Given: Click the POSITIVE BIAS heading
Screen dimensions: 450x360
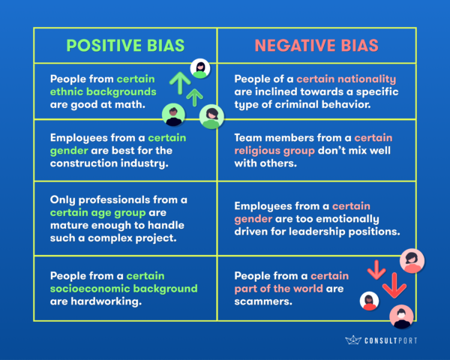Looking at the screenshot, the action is [125, 45].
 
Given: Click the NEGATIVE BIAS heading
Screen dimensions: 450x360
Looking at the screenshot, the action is [316, 45].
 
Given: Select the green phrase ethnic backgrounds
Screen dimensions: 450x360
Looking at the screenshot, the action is [103, 91].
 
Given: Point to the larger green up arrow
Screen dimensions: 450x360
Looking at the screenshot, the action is [180, 83].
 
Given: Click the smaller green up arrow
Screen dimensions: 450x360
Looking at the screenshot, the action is [194, 97].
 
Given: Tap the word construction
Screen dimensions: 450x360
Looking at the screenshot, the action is [83, 163].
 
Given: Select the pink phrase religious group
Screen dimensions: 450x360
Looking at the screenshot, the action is [274, 151].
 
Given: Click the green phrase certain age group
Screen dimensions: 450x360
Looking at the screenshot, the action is [97, 213].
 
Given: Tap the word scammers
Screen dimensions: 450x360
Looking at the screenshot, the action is [262, 301].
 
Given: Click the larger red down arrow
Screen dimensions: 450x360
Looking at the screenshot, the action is [394, 285].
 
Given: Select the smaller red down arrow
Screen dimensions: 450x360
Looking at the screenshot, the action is [376, 270].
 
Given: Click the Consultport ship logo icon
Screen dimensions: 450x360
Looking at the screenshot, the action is [353, 340].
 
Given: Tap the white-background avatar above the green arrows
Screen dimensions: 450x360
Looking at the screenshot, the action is [200, 68].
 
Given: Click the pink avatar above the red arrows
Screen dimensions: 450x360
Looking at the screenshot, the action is [412, 261].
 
